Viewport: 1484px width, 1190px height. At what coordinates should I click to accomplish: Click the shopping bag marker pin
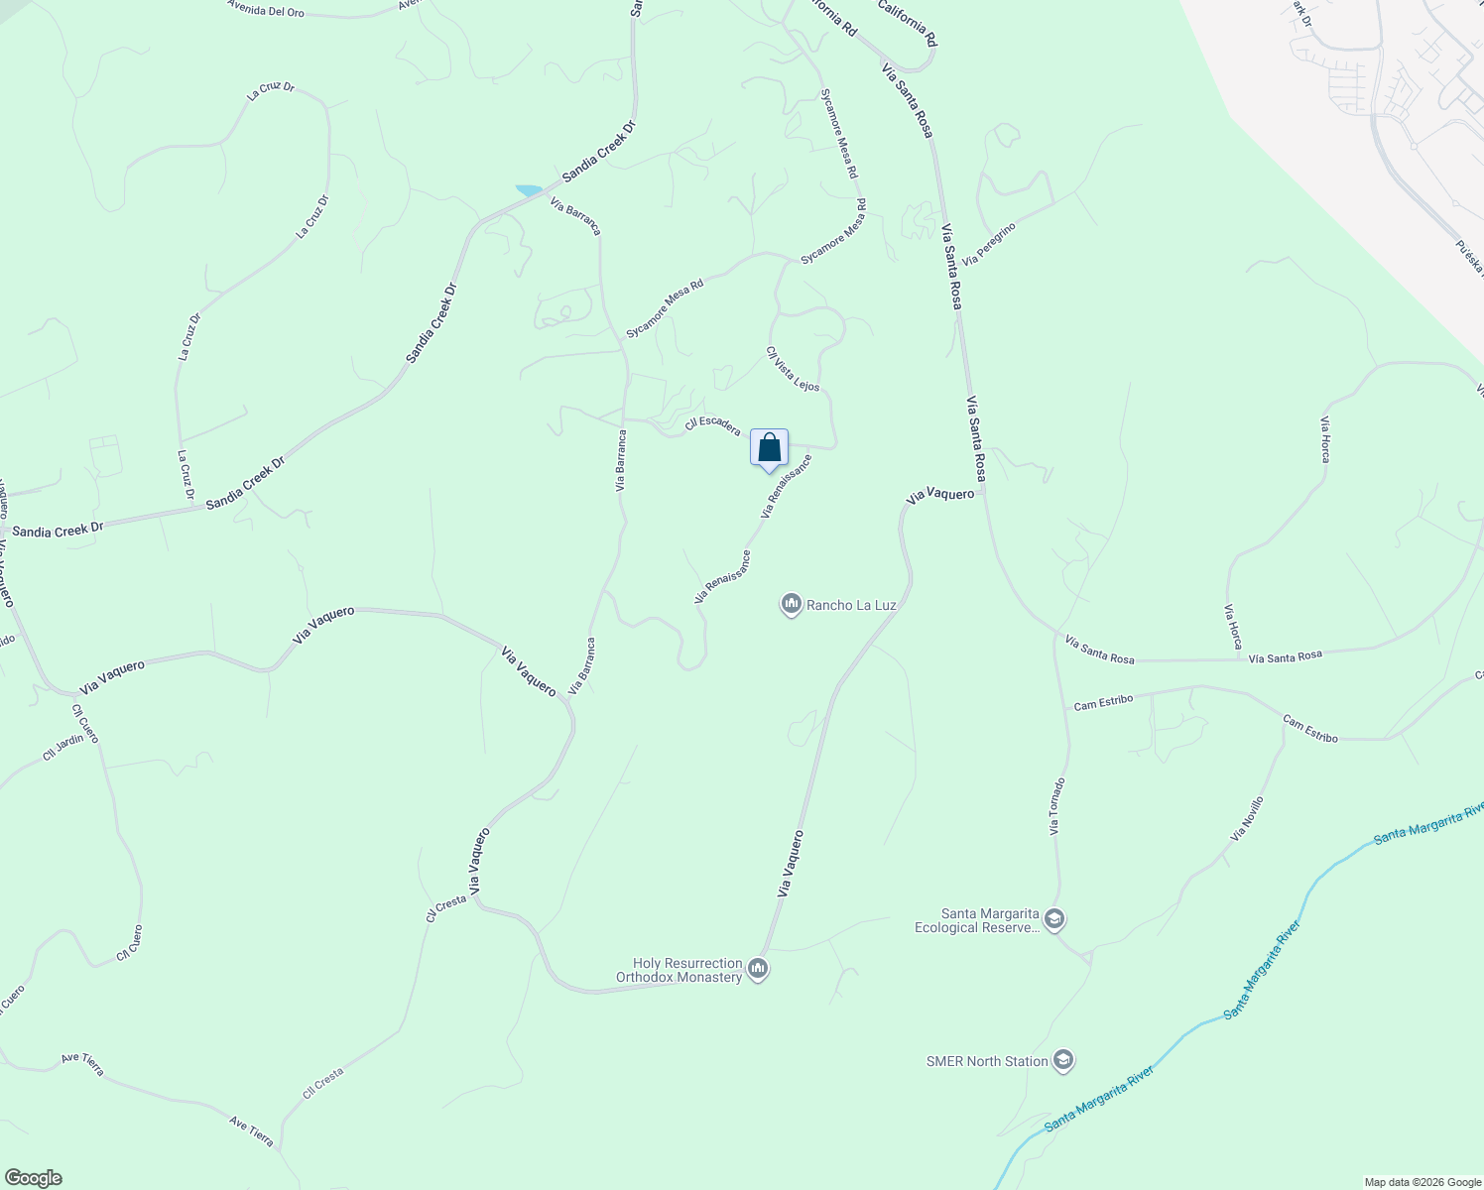769,448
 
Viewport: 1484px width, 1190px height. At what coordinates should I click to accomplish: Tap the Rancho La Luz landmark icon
791,604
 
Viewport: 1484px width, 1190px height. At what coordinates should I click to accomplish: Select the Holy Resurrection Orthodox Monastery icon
758,969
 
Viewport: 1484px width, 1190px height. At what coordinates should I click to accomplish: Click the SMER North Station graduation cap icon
1063,1061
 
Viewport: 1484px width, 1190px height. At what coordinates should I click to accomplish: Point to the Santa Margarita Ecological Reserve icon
1054,920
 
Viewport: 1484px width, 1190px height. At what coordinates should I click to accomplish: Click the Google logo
33,1178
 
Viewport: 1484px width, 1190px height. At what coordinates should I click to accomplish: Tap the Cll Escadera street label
712,424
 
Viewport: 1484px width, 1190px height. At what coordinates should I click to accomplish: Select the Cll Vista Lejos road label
793,368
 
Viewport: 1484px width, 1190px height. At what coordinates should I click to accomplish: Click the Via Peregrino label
989,244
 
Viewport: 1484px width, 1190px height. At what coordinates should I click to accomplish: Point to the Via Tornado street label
1057,805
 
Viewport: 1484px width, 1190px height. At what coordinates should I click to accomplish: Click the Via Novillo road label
1247,819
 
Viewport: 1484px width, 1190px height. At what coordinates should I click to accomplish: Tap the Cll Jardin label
63,746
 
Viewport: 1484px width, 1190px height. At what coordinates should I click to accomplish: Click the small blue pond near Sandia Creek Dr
528,189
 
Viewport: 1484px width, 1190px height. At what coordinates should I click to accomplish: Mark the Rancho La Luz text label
851,605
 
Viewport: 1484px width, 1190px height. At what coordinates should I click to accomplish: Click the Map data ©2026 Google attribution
1422,1182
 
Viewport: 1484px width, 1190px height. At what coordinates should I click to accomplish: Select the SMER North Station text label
987,1061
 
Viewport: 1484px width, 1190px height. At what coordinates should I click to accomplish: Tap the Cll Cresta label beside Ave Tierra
323,1083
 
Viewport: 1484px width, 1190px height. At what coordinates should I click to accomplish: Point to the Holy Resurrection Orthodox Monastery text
680,970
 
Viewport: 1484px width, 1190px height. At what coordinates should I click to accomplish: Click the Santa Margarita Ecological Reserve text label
976,921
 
